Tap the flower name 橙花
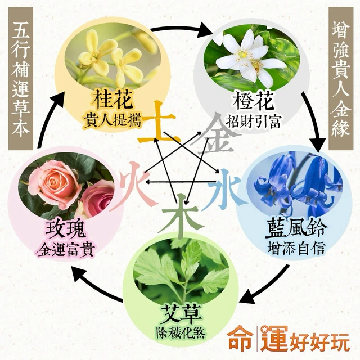[x=254, y=101]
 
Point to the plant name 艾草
[x=182, y=315]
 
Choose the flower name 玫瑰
[x=66, y=229]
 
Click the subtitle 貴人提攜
[x=112, y=120]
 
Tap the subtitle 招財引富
[x=253, y=121]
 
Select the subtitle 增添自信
[x=296, y=249]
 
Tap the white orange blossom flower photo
[x=251, y=57]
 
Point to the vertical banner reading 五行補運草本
[x=21, y=79]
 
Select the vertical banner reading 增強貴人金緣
[x=341, y=79]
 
